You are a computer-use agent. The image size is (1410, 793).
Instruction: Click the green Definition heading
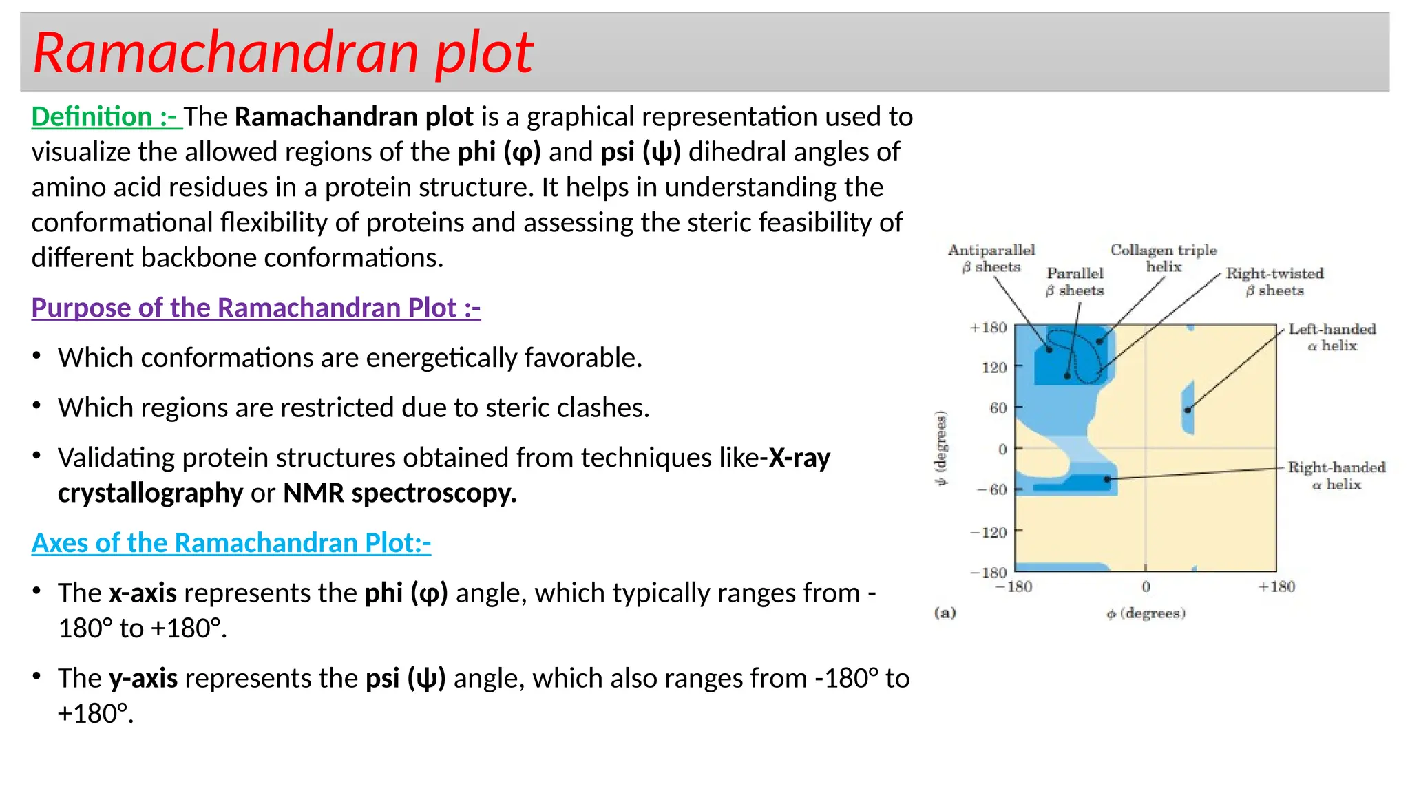[x=105, y=116]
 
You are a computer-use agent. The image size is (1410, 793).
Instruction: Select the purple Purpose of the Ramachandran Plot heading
[x=255, y=307]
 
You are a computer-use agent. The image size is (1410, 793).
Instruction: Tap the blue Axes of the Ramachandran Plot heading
[x=231, y=542]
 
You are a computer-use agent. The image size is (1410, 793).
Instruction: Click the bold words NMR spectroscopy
[x=399, y=493]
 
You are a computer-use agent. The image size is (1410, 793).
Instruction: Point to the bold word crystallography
[x=150, y=493]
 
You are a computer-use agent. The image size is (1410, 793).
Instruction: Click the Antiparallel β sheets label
[x=991, y=258]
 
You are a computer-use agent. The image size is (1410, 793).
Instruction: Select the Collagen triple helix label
[x=1163, y=258]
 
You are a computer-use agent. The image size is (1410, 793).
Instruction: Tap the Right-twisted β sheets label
[x=1274, y=282]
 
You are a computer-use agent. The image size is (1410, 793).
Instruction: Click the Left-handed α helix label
[x=1332, y=337]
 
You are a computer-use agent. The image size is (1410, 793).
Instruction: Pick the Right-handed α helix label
[x=1336, y=476]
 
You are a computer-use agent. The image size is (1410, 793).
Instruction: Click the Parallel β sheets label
[x=1075, y=282]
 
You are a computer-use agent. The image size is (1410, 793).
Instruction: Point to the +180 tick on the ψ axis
[x=989, y=328]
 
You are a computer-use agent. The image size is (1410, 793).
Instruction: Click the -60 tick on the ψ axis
[x=992, y=489]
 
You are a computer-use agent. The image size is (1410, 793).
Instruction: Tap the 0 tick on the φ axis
[x=1146, y=586]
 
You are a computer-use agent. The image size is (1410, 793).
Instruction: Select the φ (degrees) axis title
[x=1146, y=613]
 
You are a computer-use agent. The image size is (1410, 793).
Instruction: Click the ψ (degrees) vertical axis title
[x=941, y=448]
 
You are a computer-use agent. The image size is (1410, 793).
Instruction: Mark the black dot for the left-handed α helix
[x=1188, y=410]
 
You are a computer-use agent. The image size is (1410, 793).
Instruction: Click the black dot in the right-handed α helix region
[x=1107, y=478]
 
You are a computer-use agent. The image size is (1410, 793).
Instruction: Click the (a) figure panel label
[x=945, y=613]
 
